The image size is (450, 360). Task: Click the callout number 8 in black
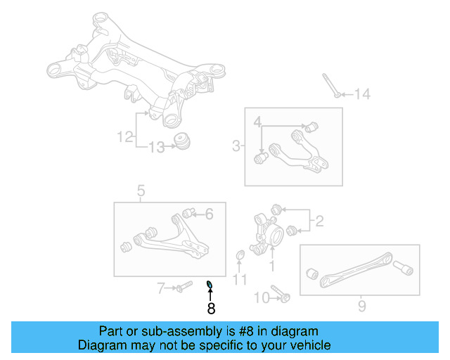210,307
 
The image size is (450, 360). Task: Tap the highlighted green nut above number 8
209,284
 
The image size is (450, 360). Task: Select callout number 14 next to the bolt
361,94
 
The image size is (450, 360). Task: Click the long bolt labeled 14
331,86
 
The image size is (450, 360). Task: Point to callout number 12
125,137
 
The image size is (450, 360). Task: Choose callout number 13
156,147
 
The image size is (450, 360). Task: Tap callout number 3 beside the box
236,146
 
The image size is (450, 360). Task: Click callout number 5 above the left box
141,190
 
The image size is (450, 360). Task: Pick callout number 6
208,214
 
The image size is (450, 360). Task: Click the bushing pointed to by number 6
188,212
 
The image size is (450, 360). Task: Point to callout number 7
160,287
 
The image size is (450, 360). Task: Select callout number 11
240,281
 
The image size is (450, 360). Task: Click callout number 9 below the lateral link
361,306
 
